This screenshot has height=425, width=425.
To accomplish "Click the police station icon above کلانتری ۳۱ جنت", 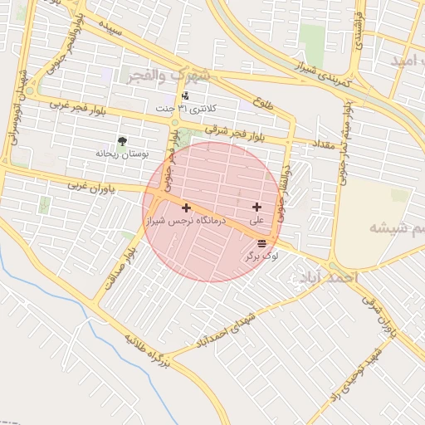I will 173,96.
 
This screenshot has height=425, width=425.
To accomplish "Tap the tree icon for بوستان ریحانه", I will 123,141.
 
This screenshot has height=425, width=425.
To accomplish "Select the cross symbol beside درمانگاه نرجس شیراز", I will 186,208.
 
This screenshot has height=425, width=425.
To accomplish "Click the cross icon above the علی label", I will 256,207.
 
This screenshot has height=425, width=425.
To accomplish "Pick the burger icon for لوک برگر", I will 262,243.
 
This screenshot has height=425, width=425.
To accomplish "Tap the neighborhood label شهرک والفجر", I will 169,76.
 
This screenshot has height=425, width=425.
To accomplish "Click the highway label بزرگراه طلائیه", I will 147,352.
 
